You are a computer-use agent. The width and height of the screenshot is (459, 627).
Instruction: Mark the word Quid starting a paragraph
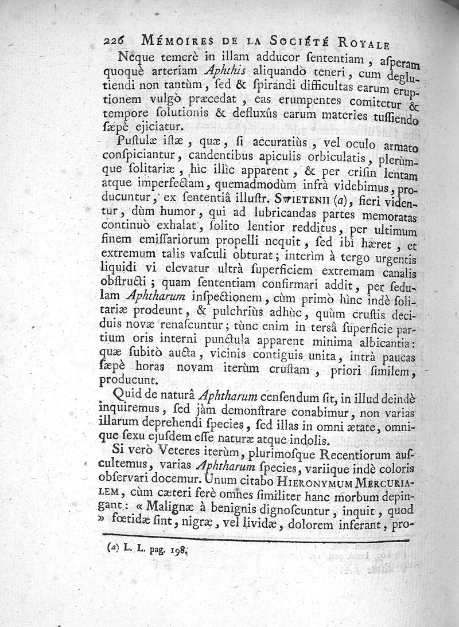pyautogui.click(x=127, y=394)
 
